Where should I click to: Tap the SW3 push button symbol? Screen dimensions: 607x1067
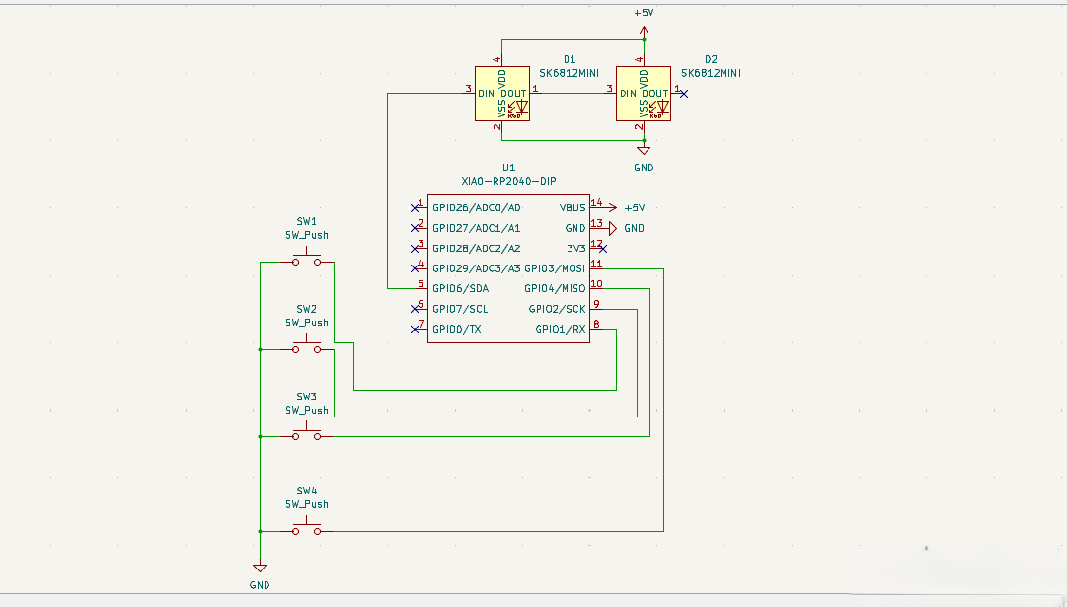tap(306, 434)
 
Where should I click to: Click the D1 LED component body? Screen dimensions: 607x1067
tap(501, 94)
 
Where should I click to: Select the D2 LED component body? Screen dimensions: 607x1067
tap(643, 94)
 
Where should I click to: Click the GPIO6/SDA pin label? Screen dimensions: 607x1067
tap(460, 288)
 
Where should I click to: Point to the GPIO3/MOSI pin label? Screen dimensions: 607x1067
tap(554, 268)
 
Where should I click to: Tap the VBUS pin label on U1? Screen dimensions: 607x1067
tap(572, 208)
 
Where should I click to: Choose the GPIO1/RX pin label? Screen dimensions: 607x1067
tap(560, 329)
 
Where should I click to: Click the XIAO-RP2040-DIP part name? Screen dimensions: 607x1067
tap(508, 182)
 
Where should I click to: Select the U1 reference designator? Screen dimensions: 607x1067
tap(508, 168)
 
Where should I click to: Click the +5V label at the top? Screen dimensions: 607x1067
tap(644, 14)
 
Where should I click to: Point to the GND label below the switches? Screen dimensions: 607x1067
tap(259, 585)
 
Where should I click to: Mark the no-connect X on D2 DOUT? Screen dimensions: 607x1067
tap(685, 94)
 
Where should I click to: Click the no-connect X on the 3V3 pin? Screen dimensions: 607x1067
tap(602, 248)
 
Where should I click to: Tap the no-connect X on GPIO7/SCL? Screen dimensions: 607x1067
tap(415, 308)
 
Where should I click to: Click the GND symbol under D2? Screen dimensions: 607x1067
tap(644, 150)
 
